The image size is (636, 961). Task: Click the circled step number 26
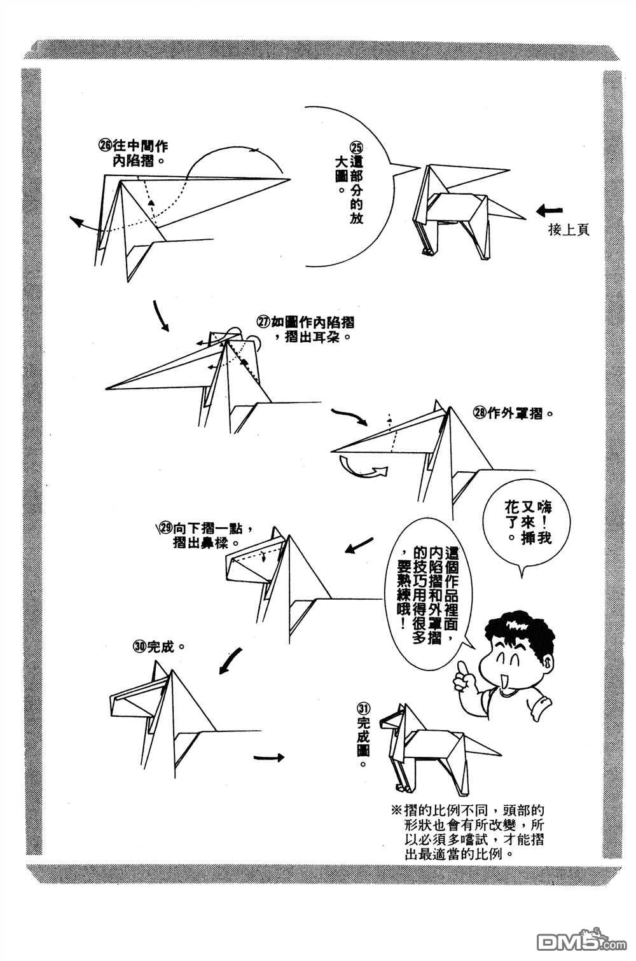tap(106, 146)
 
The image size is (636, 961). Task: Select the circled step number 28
tap(480, 413)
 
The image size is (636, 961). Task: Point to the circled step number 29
tap(166, 527)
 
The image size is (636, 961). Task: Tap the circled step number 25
tap(357, 147)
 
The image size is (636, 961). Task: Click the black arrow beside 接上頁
tap(550, 211)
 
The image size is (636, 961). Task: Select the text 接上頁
tap(569, 230)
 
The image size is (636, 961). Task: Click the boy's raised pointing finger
tap(462, 672)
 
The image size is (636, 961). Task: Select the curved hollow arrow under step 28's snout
tap(363, 467)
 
